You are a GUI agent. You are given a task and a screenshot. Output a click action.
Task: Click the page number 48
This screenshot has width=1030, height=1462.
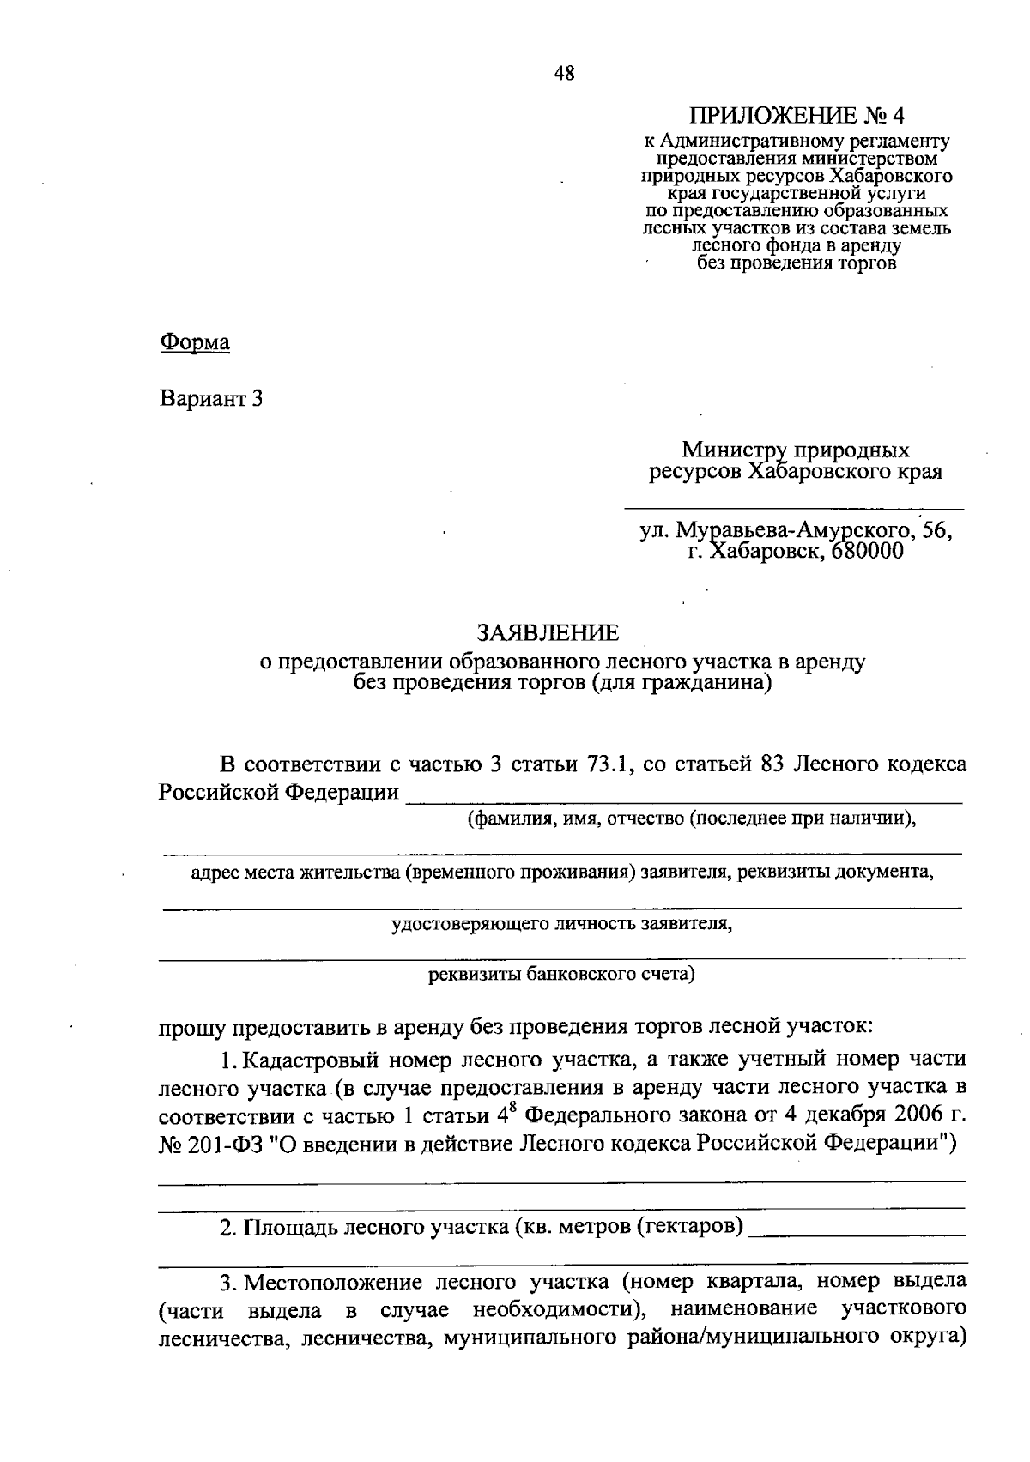[x=565, y=74]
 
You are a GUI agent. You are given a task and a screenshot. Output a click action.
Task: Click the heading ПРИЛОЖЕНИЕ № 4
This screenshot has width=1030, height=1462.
[x=797, y=116]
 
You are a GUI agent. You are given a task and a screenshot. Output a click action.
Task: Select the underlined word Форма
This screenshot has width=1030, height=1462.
[x=195, y=342]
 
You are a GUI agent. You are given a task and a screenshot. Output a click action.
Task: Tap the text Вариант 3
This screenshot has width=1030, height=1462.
[x=211, y=399]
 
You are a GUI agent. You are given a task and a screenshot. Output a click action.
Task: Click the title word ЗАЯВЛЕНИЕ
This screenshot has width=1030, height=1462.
[x=547, y=633]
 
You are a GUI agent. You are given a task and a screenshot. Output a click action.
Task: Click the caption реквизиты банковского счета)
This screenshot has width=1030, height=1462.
[x=561, y=974]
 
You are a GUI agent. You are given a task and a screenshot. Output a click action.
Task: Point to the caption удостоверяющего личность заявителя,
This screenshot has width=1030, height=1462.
[x=561, y=924]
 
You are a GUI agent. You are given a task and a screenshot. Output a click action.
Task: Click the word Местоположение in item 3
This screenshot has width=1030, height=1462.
[x=333, y=1284]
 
